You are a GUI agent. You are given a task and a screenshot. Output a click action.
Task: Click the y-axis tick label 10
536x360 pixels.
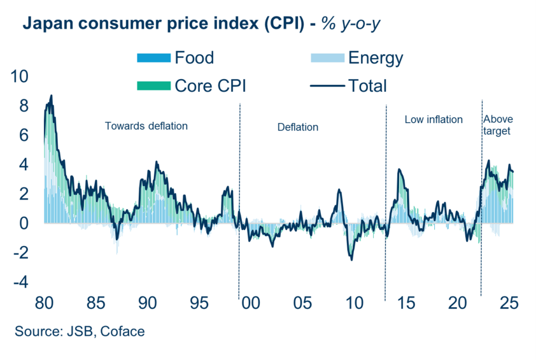tap(20, 76)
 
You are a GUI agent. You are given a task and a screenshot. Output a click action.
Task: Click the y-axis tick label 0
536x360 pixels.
tap(24, 224)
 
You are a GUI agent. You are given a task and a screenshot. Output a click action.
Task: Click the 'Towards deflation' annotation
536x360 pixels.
tap(146, 126)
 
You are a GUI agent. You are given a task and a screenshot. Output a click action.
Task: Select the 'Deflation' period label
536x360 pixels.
tap(297, 127)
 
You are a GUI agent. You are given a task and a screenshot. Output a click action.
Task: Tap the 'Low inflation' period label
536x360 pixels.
tap(434, 120)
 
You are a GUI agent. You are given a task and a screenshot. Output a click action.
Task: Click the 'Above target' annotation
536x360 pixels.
tap(498, 125)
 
